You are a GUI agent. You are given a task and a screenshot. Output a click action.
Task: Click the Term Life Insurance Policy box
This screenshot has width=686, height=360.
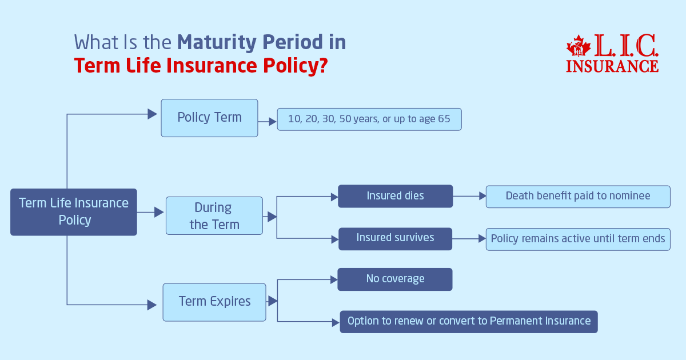tap(74, 212)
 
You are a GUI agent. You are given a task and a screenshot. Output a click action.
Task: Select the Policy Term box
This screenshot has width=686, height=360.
tap(209, 118)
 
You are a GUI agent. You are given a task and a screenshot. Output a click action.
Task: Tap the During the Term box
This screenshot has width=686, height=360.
tap(214, 215)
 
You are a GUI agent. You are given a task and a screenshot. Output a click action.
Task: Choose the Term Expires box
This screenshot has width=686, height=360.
tap(214, 302)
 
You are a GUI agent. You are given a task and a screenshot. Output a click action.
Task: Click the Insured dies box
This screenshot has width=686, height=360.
tap(395, 196)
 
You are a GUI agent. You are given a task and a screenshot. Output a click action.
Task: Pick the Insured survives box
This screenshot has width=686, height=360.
tap(395, 238)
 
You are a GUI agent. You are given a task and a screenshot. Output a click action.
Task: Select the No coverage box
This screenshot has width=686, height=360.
tap(395, 279)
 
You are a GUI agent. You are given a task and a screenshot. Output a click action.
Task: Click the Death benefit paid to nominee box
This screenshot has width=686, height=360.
tap(577, 196)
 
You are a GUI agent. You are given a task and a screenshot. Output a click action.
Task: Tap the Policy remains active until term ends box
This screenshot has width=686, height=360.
tap(577, 239)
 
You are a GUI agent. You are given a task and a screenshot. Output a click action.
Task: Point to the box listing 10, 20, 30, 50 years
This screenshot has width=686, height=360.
tap(369, 120)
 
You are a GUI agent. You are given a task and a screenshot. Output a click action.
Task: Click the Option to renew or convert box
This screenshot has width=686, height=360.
tap(468, 321)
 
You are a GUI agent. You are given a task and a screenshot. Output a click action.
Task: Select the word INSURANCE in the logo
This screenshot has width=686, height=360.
tap(612, 66)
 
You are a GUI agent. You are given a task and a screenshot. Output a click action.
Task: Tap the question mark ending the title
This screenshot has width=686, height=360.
tap(322, 66)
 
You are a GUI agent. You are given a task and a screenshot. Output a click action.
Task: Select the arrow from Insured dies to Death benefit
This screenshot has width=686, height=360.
tap(469, 196)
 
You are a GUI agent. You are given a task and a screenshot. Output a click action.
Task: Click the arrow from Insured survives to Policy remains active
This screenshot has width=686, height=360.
tap(469, 239)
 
